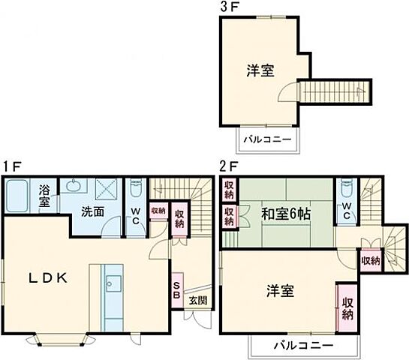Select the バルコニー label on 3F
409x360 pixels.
point(266,141)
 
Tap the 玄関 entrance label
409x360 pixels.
point(198,301)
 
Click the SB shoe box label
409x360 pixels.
point(176,289)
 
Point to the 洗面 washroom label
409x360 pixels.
point(93,212)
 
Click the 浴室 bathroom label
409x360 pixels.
point(45,196)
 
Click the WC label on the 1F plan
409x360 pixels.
point(136,215)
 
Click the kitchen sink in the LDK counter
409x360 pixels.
point(114,283)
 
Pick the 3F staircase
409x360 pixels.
point(335,91)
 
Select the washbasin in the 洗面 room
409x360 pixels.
point(74,187)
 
